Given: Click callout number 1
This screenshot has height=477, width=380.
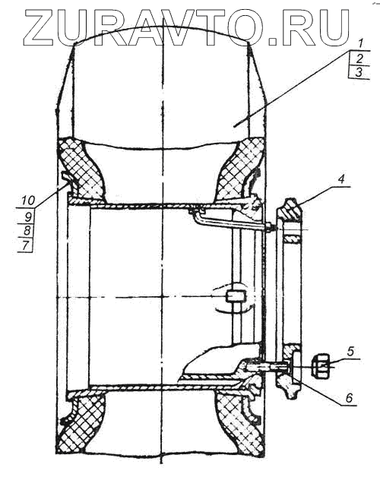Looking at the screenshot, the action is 360,44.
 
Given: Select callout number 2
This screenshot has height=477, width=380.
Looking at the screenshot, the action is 359,58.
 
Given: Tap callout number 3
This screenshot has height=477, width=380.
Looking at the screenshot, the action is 359,72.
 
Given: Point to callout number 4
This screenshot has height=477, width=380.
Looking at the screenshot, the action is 341,179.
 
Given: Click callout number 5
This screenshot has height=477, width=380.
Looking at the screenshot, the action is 350,352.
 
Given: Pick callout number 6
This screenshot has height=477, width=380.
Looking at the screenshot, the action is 350,397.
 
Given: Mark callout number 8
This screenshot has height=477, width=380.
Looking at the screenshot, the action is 27,231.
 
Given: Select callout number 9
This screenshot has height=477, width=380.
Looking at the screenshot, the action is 27,217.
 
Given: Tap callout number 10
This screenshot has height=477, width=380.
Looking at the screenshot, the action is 28,201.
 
